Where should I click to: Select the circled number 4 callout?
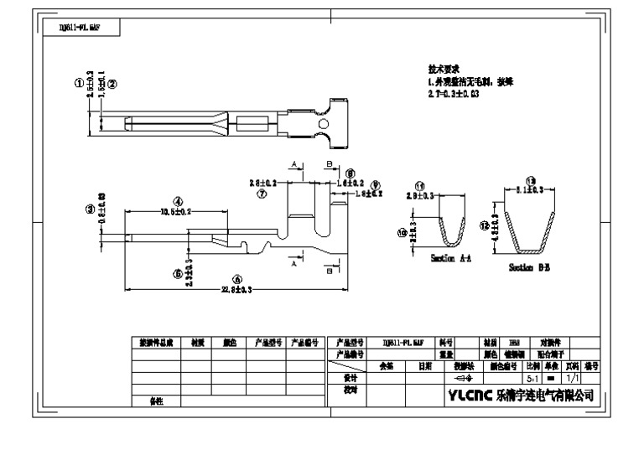(178, 201)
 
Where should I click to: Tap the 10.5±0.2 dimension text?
(176, 212)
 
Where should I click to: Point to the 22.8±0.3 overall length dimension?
(236, 289)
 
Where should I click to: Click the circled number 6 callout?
(236, 279)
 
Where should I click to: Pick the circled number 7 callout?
(262, 193)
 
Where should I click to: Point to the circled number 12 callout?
(484, 225)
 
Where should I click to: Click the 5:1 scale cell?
(532, 379)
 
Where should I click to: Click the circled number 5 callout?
(178, 274)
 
